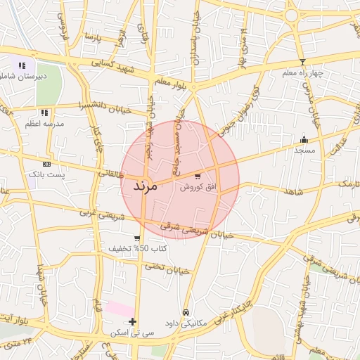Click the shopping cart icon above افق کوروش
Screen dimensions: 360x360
pyautogui.click(x=197, y=176)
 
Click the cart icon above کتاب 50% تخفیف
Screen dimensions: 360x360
pyautogui.click(x=137, y=238)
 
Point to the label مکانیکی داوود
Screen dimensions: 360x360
pyautogui.click(x=184, y=323)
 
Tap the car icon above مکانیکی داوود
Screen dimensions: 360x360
pyautogui.click(x=186, y=312)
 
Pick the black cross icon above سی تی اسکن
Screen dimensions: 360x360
pyautogui.click(x=132, y=321)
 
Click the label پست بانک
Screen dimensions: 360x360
pyautogui.click(x=45, y=173)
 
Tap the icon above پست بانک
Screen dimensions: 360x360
pyautogui.click(x=47, y=163)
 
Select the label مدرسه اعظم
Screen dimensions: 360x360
pyautogui.click(x=44, y=123)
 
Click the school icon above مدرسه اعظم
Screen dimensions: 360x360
pyautogui.click(x=44, y=112)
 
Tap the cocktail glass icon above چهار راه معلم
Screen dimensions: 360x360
pyautogui.click(x=302, y=63)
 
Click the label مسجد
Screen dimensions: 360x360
pyautogui.click(x=304, y=150)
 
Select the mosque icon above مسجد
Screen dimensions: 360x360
pyautogui.click(x=304, y=139)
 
